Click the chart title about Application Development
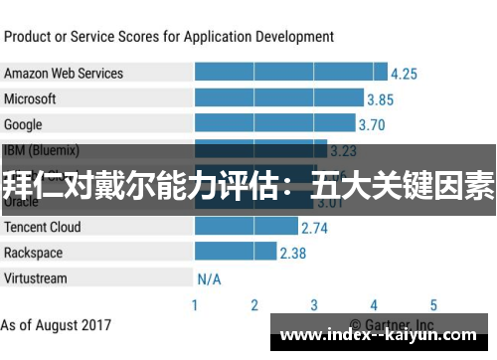[x=169, y=37]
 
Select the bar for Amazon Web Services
[x=291, y=73]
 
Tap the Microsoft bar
[x=279, y=98]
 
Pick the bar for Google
[x=274, y=124]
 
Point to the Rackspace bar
[x=236, y=253]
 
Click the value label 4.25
[x=404, y=74]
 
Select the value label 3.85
[x=380, y=99]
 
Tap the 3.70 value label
[x=371, y=125]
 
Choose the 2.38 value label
[x=292, y=254]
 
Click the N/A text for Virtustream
[x=209, y=279]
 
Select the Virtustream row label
[x=35, y=278]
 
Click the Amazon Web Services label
[x=64, y=73]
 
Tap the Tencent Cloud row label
[x=43, y=227]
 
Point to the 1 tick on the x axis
[x=195, y=305]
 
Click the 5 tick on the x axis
[x=433, y=305]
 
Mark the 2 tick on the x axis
[x=254, y=305]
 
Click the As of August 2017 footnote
[x=57, y=325]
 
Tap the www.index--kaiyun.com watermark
[x=382, y=334]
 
